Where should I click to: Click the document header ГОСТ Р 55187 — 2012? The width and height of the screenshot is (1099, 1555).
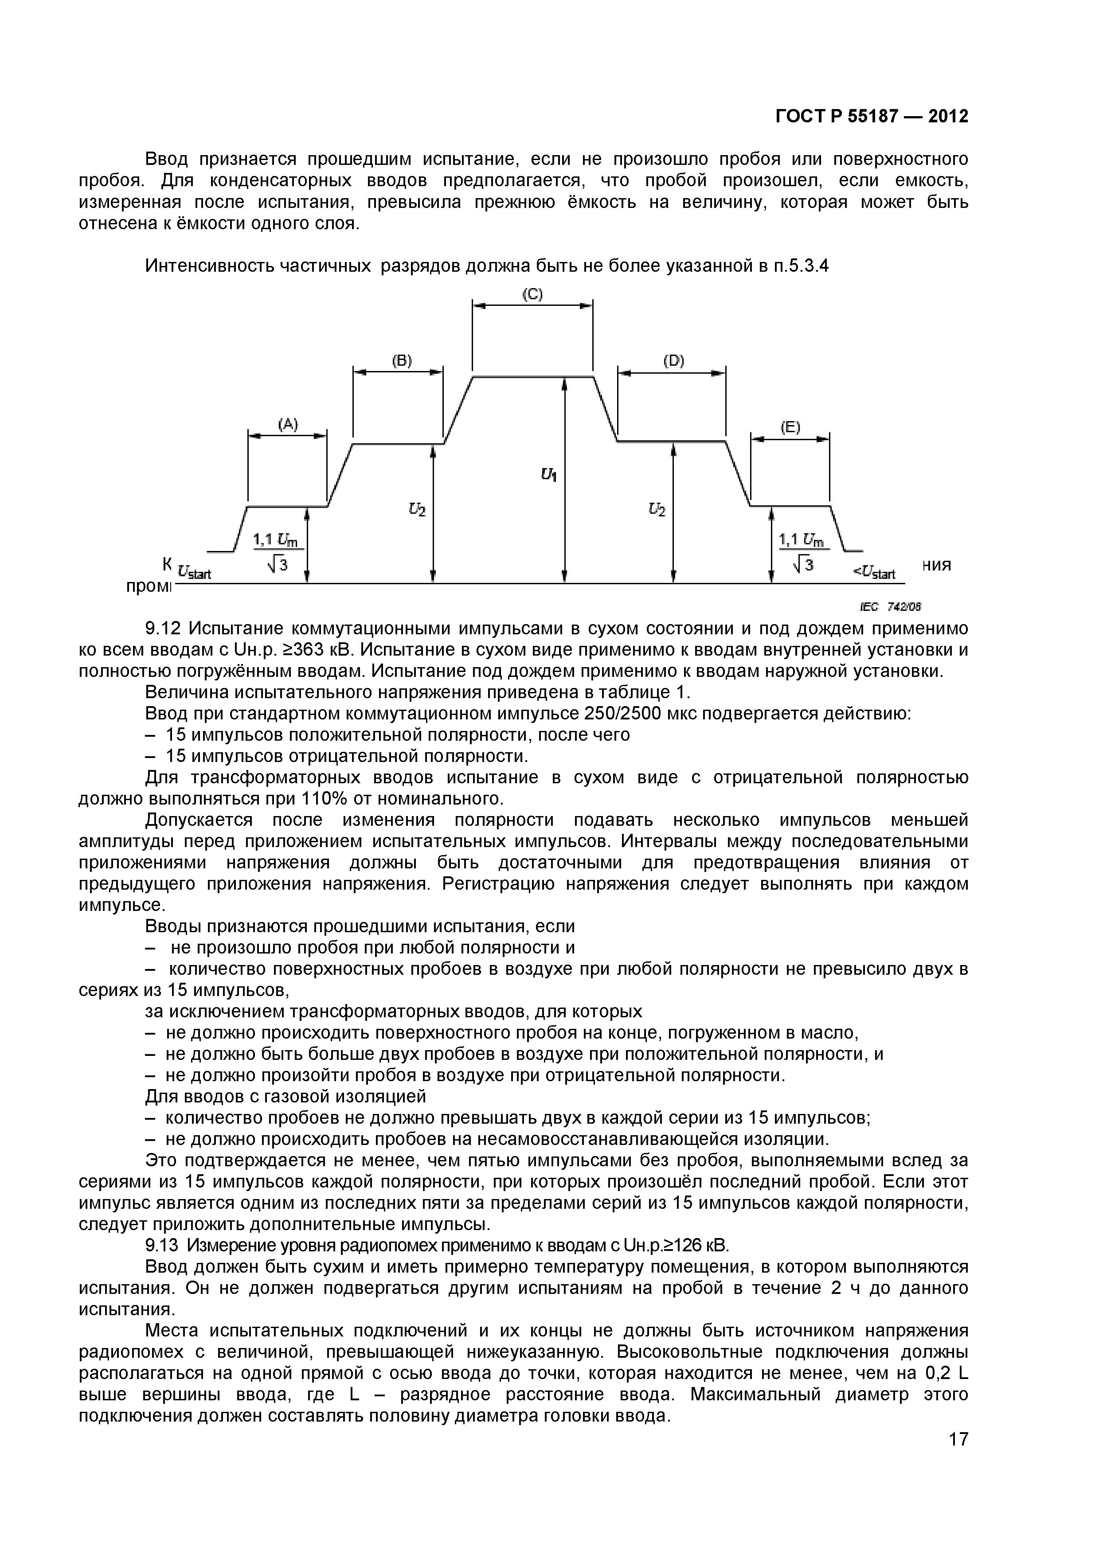pos(872,117)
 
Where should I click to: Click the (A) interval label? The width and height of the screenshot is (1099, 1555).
pos(288,425)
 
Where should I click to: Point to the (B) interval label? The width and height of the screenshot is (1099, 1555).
pos(402,360)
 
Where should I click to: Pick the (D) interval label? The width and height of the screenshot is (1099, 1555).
pos(673,361)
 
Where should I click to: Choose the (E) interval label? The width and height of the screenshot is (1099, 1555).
pos(790,427)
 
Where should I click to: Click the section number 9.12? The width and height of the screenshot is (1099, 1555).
pos(163,629)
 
